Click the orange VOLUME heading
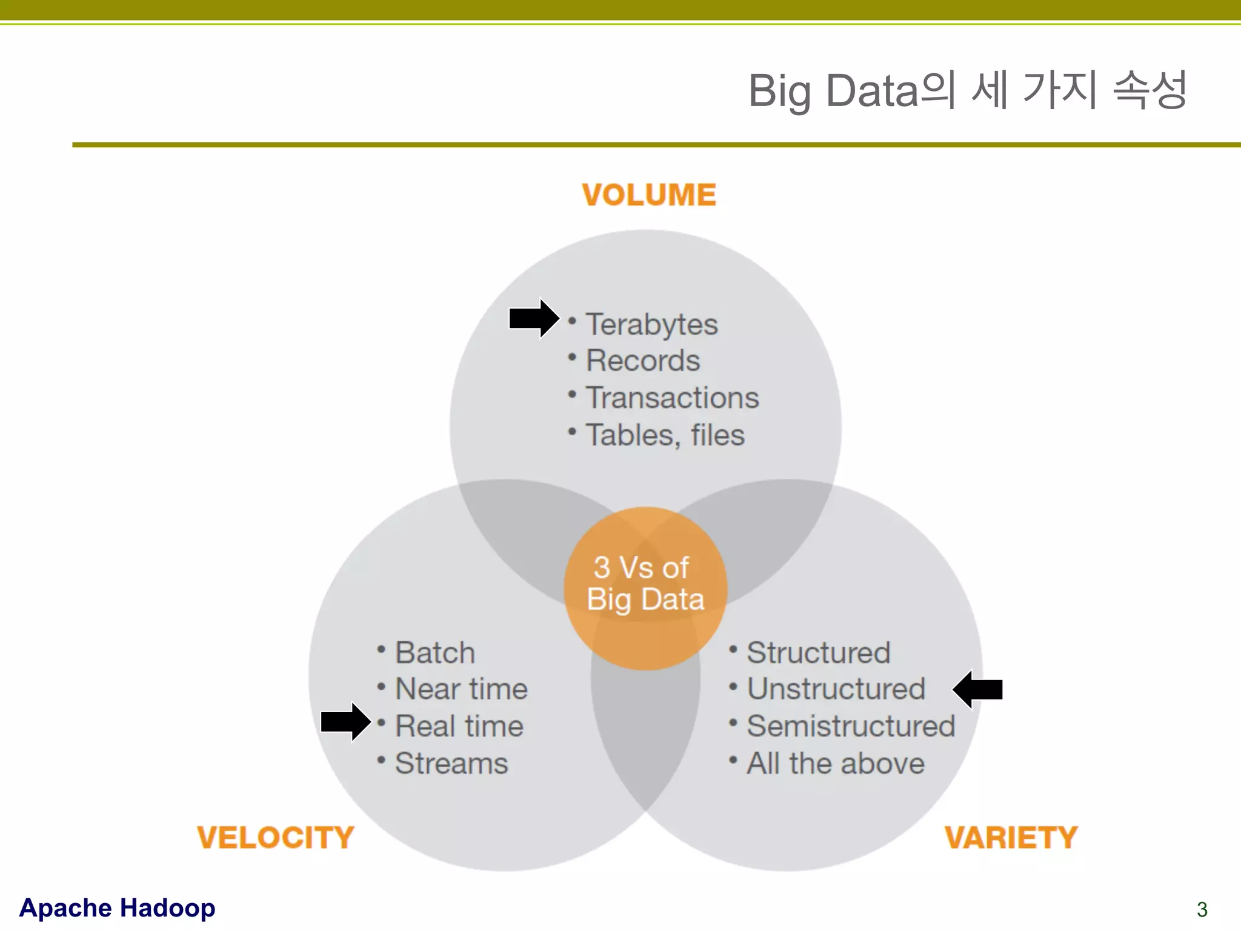(x=649, y=195)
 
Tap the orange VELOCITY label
(x=276, y=838)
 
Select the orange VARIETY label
(x=1011, y=838)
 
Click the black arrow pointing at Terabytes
(x=533, y=318)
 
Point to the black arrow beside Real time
(x=345, y=722)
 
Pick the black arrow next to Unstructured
(x=978, y=689)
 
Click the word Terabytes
(x=651, y=324)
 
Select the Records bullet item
(x=642, y=361)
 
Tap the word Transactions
(x=672, y=398)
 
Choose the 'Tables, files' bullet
(x=665, y=435)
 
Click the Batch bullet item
(x=434, y=653)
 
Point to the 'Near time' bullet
(x=461, y=689)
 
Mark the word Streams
(x=451, y=763)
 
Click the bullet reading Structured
(x=818, y=653)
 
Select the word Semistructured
(x=851, y=726)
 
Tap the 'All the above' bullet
(x=835, y=763)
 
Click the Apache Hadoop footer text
(x=117, y=908)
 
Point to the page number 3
(x=1202, y=909)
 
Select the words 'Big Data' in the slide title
(x=833, y=91)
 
